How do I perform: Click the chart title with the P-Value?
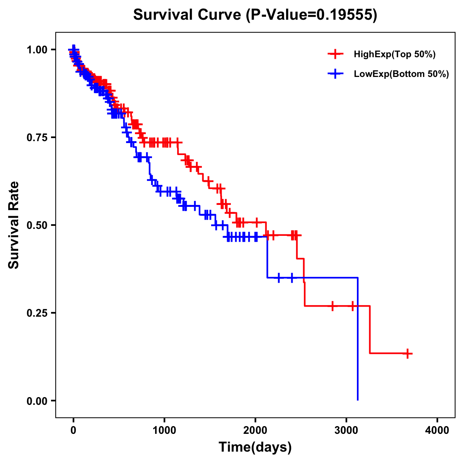pyautogui.click(x=255, y=15)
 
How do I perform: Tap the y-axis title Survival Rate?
pyautogui.click(x=14, y=225)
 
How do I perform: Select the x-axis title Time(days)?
pyautogui.click(x=255, y=447)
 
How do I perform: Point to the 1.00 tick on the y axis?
pyautogui.click(x=37, y=49)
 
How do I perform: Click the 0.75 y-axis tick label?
pyautogui.click(x=37, y=137)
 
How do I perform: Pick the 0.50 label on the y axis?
pyautogui.click(x=37, y=225)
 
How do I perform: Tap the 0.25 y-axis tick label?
pyautogui.click(x=37, y=313)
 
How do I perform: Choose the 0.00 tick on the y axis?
pyautogui.click(x=37, y=401)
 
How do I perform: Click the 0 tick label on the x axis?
pyautogui.click(x=73, y=430)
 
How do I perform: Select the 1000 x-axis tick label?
pyautogui.click(x=164, y=430)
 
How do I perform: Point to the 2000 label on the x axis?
pyautogui.click(x=255, y=430)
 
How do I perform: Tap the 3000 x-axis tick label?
pyautogui.click(x=346, y=430)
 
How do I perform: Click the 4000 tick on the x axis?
pyautogui.click(x=437, y=430)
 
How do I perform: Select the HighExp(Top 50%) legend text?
pyautogui.click(x=395, y=55)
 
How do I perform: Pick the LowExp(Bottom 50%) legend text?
pyautogui.click(x=401, y=74)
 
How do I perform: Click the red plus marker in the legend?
pyautogui.click(x=335, y=55)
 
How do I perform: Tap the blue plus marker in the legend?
pyautogui.click(x=335, y=74)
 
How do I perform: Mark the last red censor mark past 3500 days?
pyautogui.click(x=408, y=353)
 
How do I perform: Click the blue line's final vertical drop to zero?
pyautogui.click(x=358, y=340)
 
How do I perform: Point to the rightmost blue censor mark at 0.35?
pyautogui.click(x=292, y=278)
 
